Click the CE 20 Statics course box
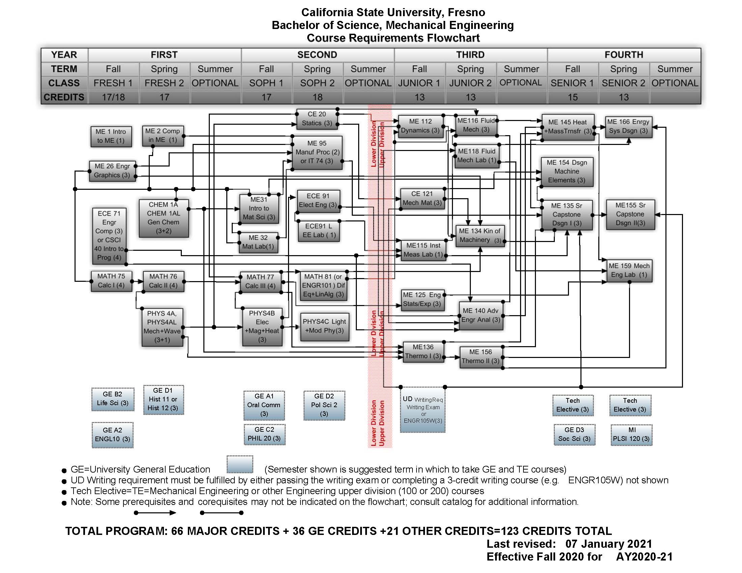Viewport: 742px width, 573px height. [317, 119]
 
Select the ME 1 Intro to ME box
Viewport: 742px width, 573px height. [111, 136]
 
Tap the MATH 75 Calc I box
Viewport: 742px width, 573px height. [111, 281]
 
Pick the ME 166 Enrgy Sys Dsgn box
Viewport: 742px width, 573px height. [629, 127]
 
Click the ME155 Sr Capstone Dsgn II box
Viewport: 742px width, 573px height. [630, 214]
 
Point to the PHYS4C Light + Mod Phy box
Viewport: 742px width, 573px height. [324, 326]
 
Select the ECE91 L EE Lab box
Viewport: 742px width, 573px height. [318, 231]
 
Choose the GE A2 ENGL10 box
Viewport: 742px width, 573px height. [112, 434]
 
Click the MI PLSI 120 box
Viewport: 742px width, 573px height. [631, 434]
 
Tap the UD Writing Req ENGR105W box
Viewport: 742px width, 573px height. [423, 410]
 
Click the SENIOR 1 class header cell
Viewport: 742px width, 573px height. [572, 83]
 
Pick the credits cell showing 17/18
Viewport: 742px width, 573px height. [113, 97]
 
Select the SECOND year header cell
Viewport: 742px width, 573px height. [317, 55]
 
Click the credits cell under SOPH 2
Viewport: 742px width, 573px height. [317, 97]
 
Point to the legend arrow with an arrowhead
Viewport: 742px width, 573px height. [155, 513]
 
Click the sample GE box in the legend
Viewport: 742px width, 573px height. [240, 464]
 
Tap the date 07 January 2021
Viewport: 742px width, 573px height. [608, 544]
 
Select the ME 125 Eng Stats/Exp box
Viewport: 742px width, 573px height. [422, 299]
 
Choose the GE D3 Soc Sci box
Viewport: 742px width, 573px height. [574, 434]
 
